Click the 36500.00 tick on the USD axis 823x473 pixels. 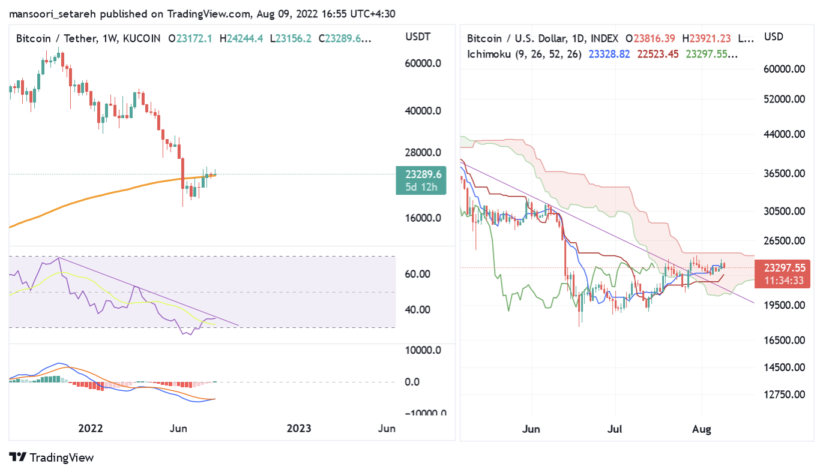coord(784,174)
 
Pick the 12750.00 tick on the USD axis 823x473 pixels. coord(784,394)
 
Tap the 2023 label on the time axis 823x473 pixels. coord(299,428)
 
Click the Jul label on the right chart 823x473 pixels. coord(615,429)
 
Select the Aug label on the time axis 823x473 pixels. coord(702,429)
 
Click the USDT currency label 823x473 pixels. coord(418,38)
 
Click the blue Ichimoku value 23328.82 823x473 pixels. coord(609,54)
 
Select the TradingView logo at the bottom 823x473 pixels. coord(52,457)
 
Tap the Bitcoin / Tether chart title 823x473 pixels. coord(56,38)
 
